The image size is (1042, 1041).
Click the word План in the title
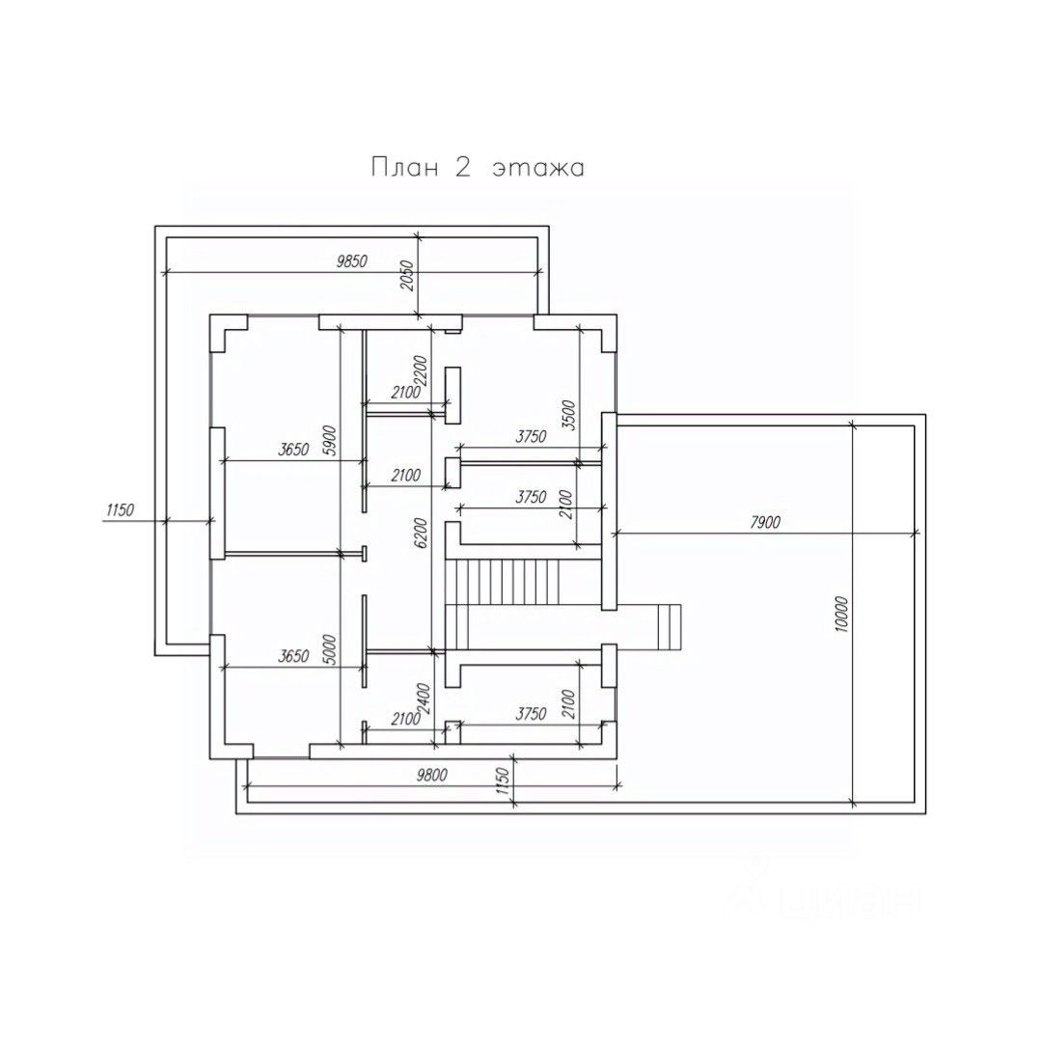(404, 168)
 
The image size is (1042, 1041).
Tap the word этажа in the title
(538, 169)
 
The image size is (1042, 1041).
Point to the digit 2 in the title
(463, 168)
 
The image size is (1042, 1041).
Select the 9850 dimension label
(351, 261)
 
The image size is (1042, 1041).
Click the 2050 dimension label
(407, 276)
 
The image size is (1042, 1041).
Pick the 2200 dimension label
(421, 372)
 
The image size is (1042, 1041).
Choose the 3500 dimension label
(569, 415)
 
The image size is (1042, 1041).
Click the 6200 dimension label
(420, 534)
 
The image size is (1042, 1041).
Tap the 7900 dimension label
(765, 523)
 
